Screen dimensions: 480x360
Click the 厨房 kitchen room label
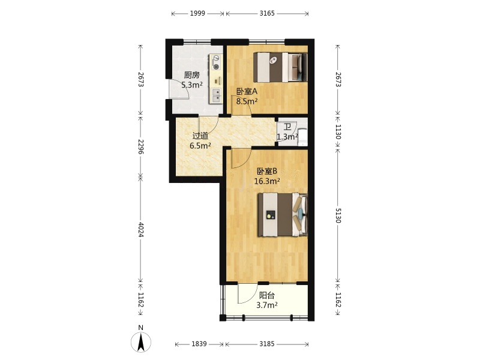pyautogui.click(x=191, y=75)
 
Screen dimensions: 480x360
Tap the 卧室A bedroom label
pyautogui.click(x=247, y=91)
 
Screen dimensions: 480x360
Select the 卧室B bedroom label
pyautogui.click(x=267, y=171)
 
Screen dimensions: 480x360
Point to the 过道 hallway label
pyautogui.click(x=200, y=136)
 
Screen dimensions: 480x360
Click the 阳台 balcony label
pyautogui.click(x=267, y=295)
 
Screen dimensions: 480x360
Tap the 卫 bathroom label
pyautogui.click(x=287, y=127)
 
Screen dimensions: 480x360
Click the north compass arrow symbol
pyautogui.click(x=141, y=342)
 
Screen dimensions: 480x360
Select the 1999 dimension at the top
pyautogui.click(x=197, y=13)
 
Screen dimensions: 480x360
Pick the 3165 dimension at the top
pyautogui.click(x=267, y=13)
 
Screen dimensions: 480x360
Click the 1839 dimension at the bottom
pyautogui.click(x=199, y=344)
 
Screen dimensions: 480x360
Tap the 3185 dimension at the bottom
pyautogui.click(x=267, y=344)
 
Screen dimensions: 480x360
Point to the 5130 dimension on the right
pyautogui.click(x=338, y=215)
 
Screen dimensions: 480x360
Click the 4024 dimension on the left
pyautogui.click(x=141, y=229)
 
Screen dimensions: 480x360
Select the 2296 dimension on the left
pyautogui.click(x=141, y=146)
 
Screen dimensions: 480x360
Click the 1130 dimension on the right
pyautogui.click(x=338, y=131)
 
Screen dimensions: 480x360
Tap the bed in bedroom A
pyautogui.click(x=280, y=67)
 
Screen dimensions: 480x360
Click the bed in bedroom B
pyautogui.click(x=283, y=215)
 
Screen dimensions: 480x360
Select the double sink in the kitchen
pyautogui.click(x=217, y=95)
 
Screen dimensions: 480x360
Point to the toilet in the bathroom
pyautogui.click(x=302, y=137)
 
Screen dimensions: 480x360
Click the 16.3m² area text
pyautogui.click(x=267, y=181)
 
